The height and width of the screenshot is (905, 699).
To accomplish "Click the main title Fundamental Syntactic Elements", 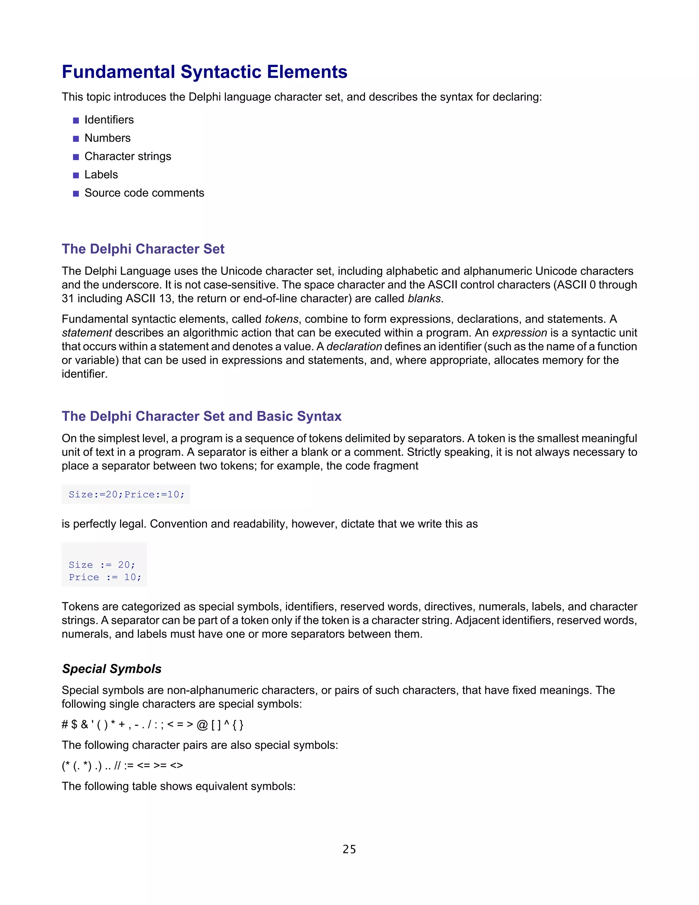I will pos(204,72).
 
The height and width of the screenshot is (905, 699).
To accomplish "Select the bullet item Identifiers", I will pos(109,120).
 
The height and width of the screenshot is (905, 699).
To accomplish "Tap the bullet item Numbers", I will pos(107,138).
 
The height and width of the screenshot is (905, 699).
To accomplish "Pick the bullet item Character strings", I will pos(128,156).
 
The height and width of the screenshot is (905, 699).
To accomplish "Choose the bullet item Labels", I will pos(101,175).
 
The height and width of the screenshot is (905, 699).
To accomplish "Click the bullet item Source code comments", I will pos(144,193).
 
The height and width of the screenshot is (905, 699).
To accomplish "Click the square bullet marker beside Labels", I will pos(76,175).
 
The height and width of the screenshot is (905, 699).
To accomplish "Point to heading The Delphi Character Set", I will pos(143,249).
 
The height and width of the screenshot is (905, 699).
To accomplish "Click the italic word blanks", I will pos(424,298).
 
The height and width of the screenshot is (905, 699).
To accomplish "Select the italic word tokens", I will pos(282,319).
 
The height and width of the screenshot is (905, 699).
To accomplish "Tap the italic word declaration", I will pos(354,346).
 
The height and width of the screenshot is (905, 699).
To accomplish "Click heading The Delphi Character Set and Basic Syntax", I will pos(201,416).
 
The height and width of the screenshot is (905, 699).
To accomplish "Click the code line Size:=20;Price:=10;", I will pos(126,495).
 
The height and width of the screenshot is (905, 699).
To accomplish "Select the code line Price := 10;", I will pos(105,577).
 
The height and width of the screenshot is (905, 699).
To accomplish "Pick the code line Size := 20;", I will pos(102,565).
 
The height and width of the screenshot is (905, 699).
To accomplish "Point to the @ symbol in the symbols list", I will pos(202,725).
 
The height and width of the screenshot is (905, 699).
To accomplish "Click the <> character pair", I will pos(176,765).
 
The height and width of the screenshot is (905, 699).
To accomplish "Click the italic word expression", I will pos(519,333).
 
